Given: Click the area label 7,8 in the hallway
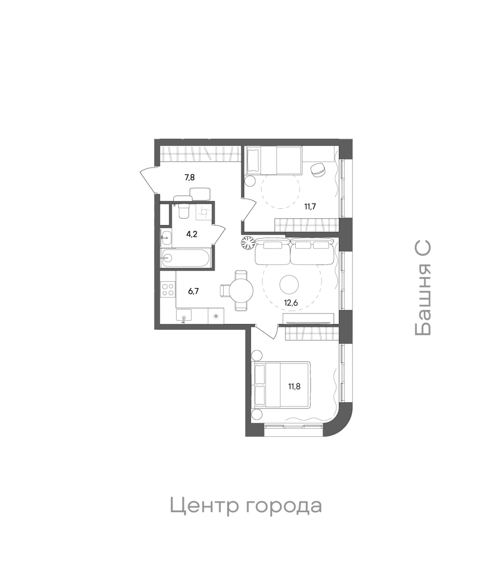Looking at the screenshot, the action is pos(190,177).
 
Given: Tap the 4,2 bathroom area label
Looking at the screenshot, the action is pos(192,234).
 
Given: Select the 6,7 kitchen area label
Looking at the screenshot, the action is pos(193,291).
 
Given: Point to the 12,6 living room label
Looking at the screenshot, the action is pos(291,302).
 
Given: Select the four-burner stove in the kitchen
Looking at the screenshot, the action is pos(168,289).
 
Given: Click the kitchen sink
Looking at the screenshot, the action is pos(183,316).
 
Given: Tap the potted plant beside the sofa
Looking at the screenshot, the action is pos(248,243).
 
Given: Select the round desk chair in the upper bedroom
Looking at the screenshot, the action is pos(318,170).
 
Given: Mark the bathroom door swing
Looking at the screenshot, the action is pos(219,235).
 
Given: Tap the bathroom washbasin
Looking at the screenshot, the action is pos(167,238).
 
